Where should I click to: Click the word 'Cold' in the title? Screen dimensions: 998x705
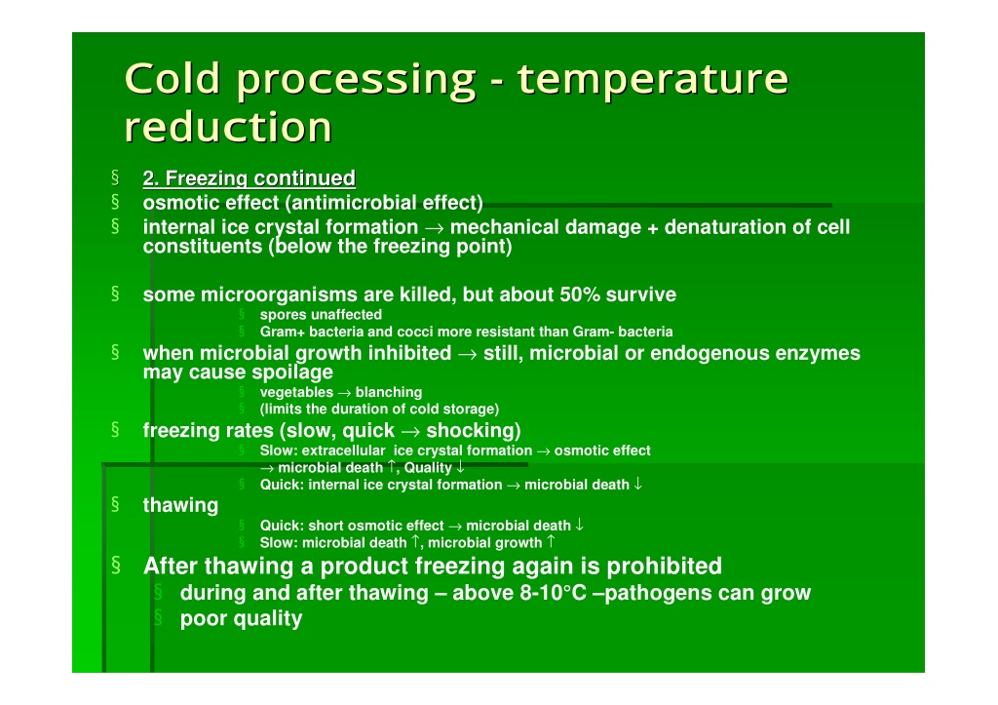coord(173,78)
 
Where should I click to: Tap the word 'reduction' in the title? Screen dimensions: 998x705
coord(228,127)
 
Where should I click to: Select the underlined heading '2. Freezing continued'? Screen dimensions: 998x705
coord(249,178)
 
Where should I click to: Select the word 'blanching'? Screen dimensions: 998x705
coord(389,392)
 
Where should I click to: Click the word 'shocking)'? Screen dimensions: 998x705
coord(474,431)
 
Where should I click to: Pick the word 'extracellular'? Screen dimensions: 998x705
coord(344,450)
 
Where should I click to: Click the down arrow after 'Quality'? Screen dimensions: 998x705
coord(460,467)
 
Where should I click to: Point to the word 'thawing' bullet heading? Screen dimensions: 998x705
coord(180,505)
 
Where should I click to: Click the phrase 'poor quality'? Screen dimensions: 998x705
coord(242,618)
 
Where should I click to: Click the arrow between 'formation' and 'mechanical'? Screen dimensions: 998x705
coord(434,228)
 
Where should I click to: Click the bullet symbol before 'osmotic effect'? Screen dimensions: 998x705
coord(115,201)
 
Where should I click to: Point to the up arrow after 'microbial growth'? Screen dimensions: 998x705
coord(552,542)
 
